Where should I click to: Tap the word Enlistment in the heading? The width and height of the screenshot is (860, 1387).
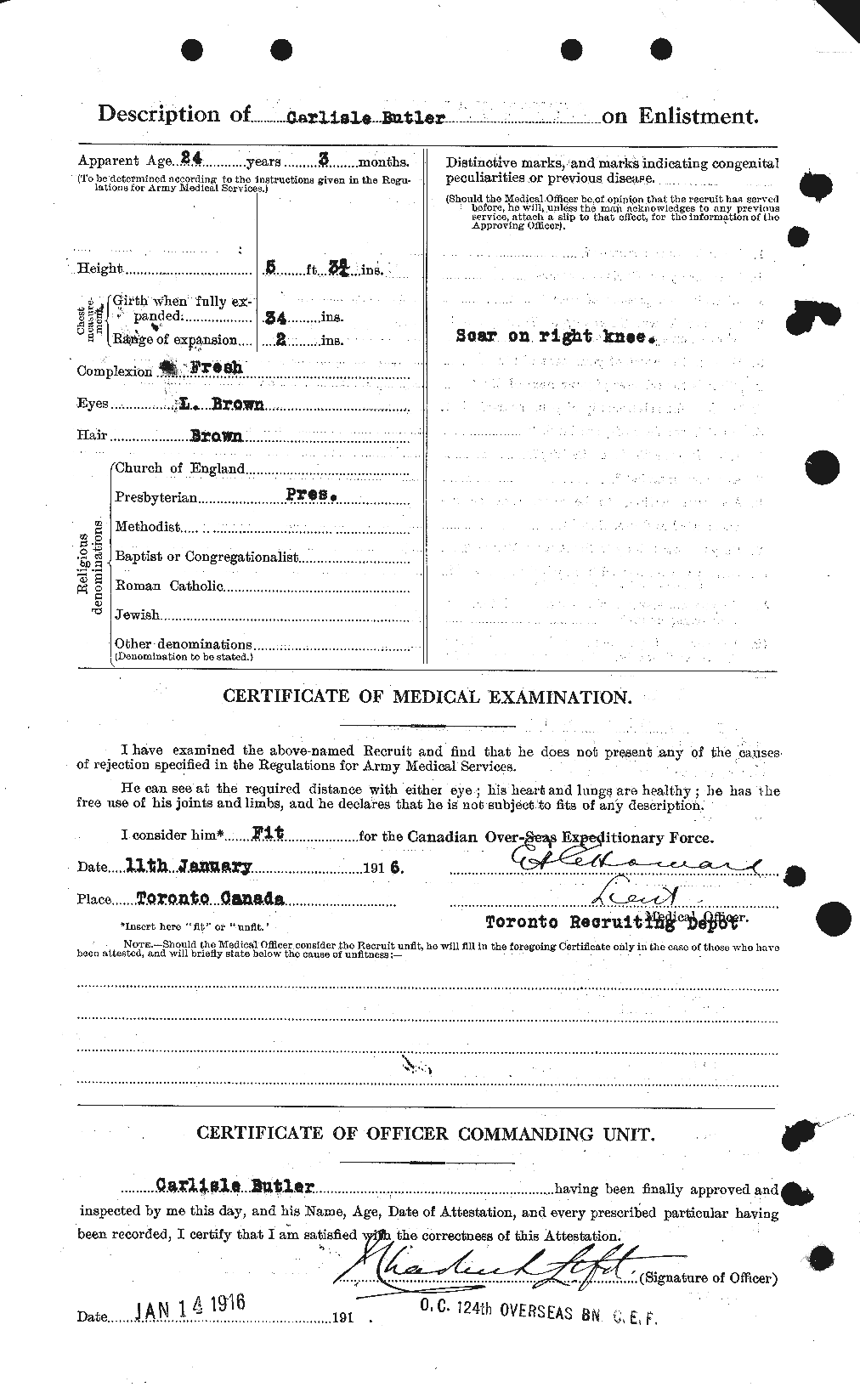[693, 116]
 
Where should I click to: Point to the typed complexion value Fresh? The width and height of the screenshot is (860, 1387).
[214, 368]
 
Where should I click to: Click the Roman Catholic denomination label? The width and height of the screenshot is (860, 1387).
[169, 586]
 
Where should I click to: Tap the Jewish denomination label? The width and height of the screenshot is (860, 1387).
[137, 614]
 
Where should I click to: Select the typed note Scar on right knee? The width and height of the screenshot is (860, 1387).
[555, 336]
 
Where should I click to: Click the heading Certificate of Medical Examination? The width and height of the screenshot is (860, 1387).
[427, 697]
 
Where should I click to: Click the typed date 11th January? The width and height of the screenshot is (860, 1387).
[189, 866]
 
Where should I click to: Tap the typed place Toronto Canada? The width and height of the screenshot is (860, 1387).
[199, 898]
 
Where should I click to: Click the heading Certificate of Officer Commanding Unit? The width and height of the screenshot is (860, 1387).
[427, 1133]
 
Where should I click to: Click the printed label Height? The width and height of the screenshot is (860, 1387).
[101, 269]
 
